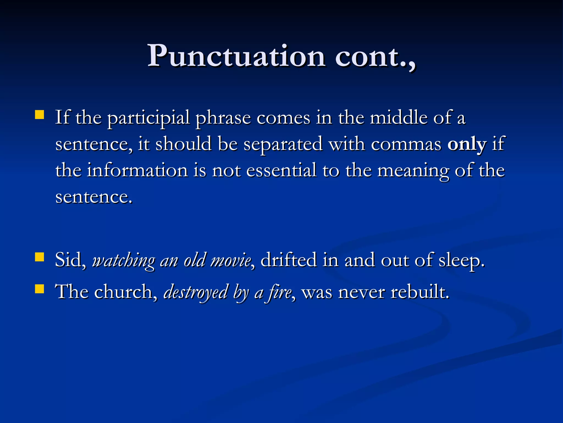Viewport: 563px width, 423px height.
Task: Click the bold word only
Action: tap(467, 144)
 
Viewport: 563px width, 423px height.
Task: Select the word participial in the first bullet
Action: tap(148, 118)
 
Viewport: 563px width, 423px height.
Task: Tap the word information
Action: tap(137, 170)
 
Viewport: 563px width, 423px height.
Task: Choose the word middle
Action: tap(399, 118)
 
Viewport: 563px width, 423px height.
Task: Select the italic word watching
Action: tap(123, 261)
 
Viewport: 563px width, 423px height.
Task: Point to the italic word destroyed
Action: tap(196, 292)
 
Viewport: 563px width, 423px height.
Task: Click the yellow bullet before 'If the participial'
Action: tap(40, 115)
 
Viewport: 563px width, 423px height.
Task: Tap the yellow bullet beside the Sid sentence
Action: tap(40, 257)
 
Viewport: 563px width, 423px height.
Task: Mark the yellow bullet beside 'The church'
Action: tap(40, 289)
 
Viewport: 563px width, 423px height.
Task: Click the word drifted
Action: tap(288, 260)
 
